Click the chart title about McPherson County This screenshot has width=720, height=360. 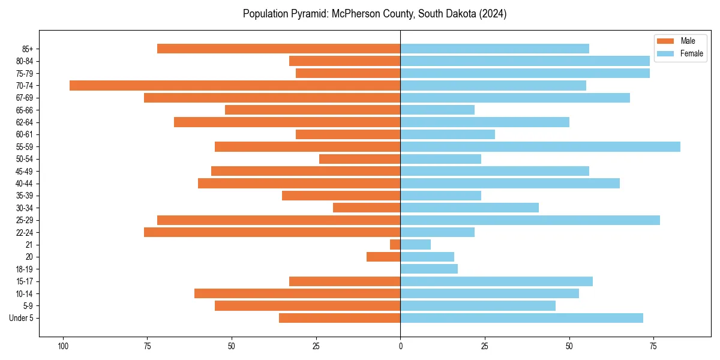(374, 14)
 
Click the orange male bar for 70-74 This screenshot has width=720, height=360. (235, 85)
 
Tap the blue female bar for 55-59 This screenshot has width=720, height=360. (540, 146)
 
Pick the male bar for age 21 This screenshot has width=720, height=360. (395, 244)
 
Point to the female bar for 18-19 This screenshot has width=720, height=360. (429, 269)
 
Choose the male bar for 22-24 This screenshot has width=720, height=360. (272, 232)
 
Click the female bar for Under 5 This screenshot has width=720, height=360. (521, 318)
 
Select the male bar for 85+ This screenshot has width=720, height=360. (278, 49)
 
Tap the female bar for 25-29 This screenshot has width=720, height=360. (530, 220)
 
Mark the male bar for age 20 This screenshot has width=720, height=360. (383, 257)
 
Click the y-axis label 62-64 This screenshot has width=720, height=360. (25, 122)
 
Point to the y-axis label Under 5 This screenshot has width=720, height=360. (21, 318)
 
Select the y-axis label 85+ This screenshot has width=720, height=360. (28, 49)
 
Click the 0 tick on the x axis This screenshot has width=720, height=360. (400, 346)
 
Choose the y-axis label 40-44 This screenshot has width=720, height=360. (25, 184)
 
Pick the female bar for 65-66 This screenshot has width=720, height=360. (437, 110)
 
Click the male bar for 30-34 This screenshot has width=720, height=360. (367, 208)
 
